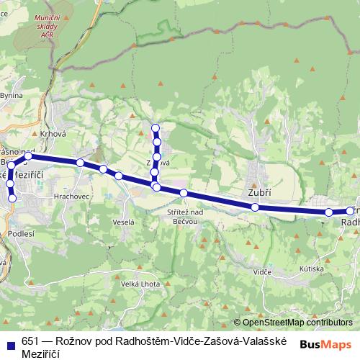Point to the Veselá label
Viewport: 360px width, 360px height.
pos(124,222)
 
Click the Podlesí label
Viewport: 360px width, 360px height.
pos(21,234)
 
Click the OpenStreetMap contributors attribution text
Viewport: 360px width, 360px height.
pos(297,323)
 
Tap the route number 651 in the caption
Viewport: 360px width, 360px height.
pos(29,342)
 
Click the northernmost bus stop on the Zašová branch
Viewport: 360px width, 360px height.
pos(155,128)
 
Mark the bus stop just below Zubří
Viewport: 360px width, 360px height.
pos(255,207)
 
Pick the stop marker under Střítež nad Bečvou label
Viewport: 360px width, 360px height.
pos(184,193)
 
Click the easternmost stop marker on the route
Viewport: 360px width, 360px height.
pos(350,211)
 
